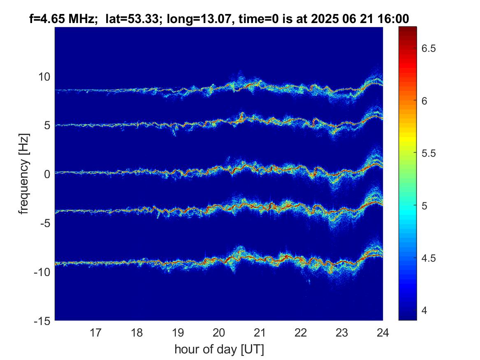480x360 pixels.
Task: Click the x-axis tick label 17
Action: (96, 332)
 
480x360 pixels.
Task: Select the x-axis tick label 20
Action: (219, 332)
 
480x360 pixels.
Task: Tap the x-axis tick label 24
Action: (383, 332)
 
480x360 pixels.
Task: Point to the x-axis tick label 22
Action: (301, 332)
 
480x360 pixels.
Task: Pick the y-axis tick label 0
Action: (48, 174)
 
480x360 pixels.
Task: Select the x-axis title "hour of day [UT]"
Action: (219, 350)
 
